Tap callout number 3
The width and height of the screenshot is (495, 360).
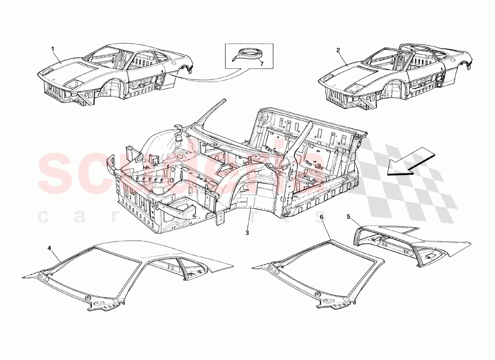pos(247,233)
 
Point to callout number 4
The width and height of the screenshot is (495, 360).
pos(50,248)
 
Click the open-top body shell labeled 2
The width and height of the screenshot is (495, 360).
pos(396,74)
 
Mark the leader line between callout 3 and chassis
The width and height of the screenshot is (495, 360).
pos(249,220)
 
